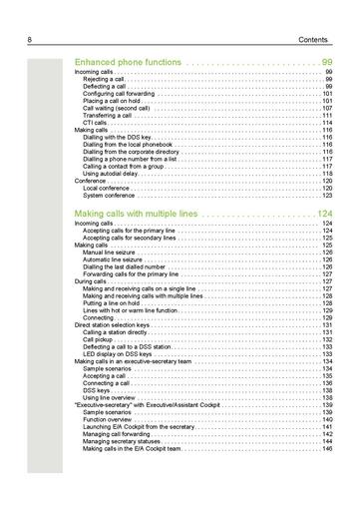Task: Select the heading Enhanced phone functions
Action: tap(128, 62)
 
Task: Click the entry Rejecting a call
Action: tap(109, 80)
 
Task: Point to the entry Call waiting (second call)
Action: tap(125, 108)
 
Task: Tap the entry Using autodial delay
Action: tap(114, 174)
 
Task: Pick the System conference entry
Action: tap(110, 196)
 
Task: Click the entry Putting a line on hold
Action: tap(119, 303)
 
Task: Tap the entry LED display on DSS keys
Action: tap(119, 354)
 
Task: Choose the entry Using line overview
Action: tap(111, 398)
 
